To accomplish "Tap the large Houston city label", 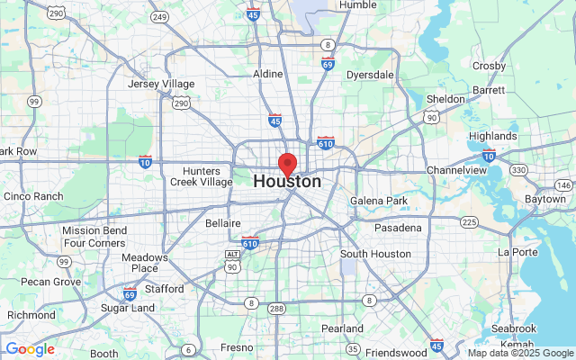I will (287, 181).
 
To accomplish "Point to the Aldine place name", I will (268, 74).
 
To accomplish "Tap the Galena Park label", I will (379, 200).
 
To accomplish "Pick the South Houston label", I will (374, 254).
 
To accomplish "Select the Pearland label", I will (342, 328).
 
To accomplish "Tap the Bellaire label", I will (222, 222).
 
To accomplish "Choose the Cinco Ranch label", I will (33, 196).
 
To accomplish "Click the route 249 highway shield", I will (160, 16).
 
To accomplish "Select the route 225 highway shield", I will (468, 221).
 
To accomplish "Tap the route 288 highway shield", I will (275, 308).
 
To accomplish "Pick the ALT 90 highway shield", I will (232, 260).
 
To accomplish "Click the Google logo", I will (30, 349).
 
